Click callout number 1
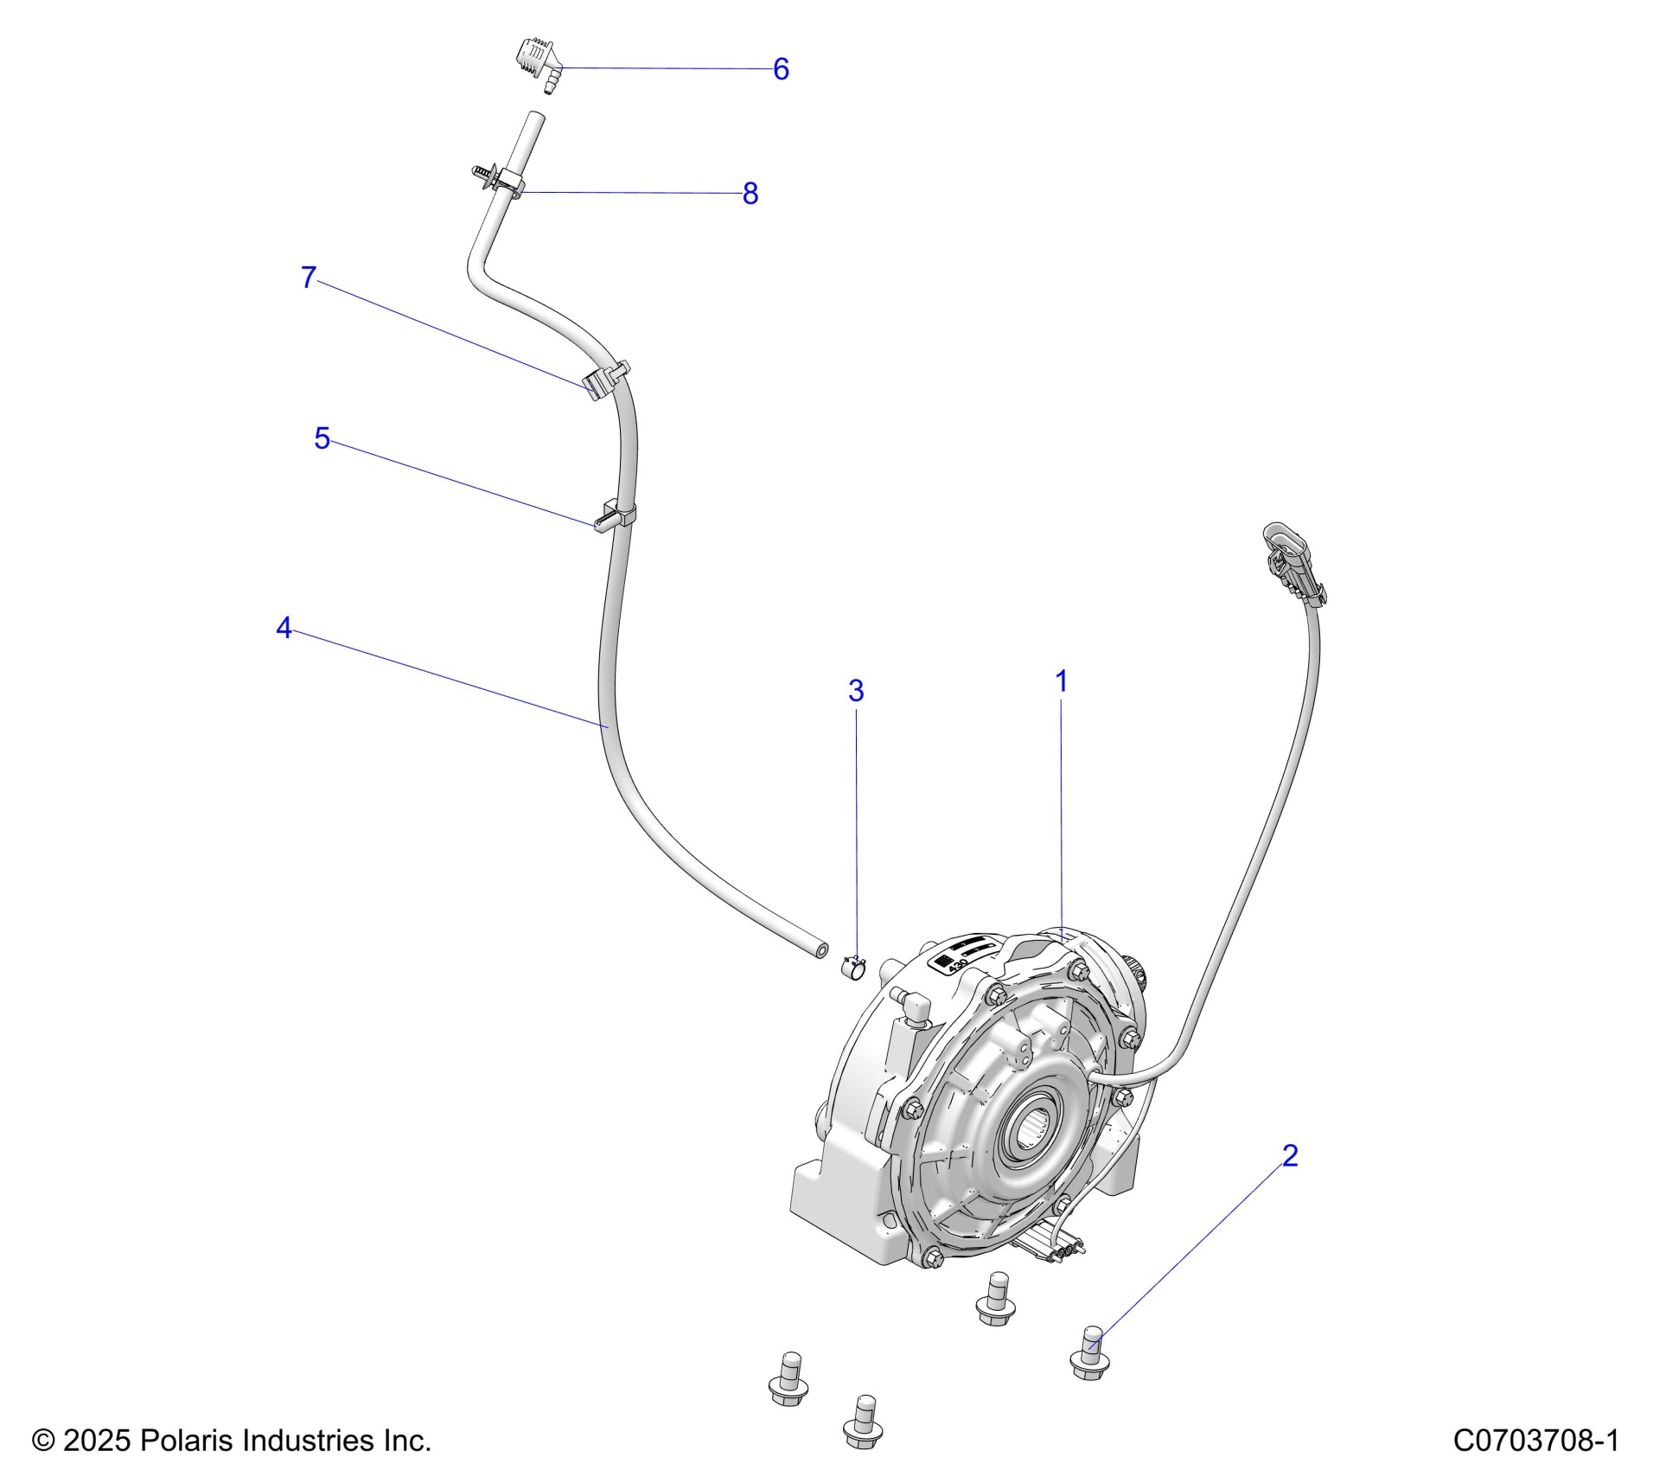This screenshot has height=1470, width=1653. pyautogui.click(x=1061, y=681)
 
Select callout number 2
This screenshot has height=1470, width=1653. pyautogui.click(x=1289, y=1155)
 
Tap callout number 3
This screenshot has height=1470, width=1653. pyautogui.click(x=855, y=690)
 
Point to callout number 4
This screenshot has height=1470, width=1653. pyautogui.click(x=284, y=628)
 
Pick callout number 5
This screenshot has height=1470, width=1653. pyautogui.click(x=322, y=438)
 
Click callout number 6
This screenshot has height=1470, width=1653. pyautogui.click(x=781, y=69)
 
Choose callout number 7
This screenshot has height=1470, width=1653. pyautogui.click(x=309, y=278)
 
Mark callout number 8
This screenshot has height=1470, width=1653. pyautogui.click(x=750, y=194)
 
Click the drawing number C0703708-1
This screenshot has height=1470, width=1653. pyautogui.click(x=1535, y=1440)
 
